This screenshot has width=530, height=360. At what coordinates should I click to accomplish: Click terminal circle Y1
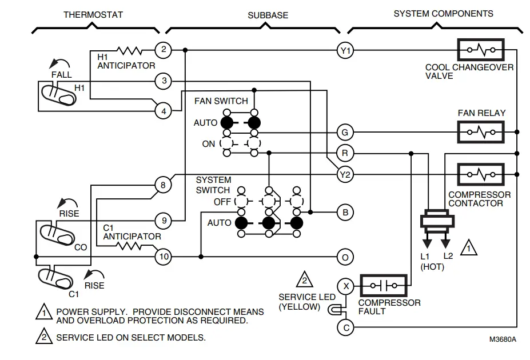point(345,51)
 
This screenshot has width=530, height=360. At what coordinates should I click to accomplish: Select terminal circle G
point(345,133)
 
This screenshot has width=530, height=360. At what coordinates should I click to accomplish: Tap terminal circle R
point(345,153)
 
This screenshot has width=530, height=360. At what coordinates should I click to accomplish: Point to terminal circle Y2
point(345,174)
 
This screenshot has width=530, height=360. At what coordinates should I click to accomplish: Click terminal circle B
point(345,212)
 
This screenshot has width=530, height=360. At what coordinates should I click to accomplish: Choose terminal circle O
point(345,257)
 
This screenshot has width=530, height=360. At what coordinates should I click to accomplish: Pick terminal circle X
point(345,285)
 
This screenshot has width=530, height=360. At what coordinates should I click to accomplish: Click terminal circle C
point(345,327)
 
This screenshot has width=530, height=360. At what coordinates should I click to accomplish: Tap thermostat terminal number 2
point(164,50)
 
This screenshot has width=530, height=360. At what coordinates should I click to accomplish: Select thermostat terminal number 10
point(164,257)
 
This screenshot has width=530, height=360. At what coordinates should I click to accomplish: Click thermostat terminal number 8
point(164,185)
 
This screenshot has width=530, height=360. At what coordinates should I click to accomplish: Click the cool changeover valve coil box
point(481,50)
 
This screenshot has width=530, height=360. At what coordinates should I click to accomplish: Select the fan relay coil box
point(481,132)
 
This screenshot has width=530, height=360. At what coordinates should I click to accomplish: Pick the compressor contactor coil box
point(481,174)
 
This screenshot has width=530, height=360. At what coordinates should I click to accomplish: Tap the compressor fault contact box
point(383,285)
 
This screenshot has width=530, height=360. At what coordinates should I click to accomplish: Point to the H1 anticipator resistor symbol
point(129,50)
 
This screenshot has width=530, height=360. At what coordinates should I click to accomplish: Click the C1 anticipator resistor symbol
point(128,246)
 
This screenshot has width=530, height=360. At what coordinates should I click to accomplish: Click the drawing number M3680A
point(503,339)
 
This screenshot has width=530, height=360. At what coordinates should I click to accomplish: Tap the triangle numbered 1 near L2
point(468,248)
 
